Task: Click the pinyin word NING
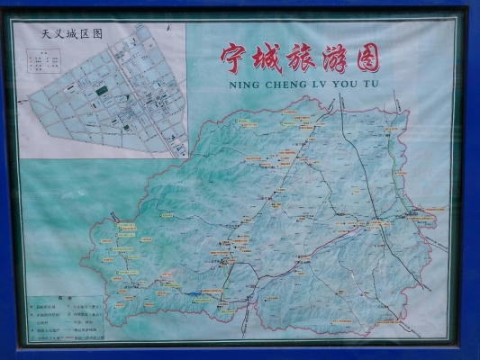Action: (232, 86)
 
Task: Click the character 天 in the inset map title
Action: (48, 33)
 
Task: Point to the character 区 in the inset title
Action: (85, 33)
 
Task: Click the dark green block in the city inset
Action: (100, 89)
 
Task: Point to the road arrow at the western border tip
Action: (114, 216)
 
